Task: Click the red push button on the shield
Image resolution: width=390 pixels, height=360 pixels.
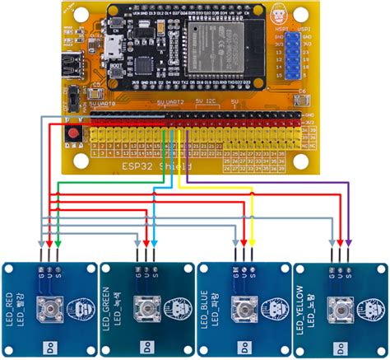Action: (x=77, y=132)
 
